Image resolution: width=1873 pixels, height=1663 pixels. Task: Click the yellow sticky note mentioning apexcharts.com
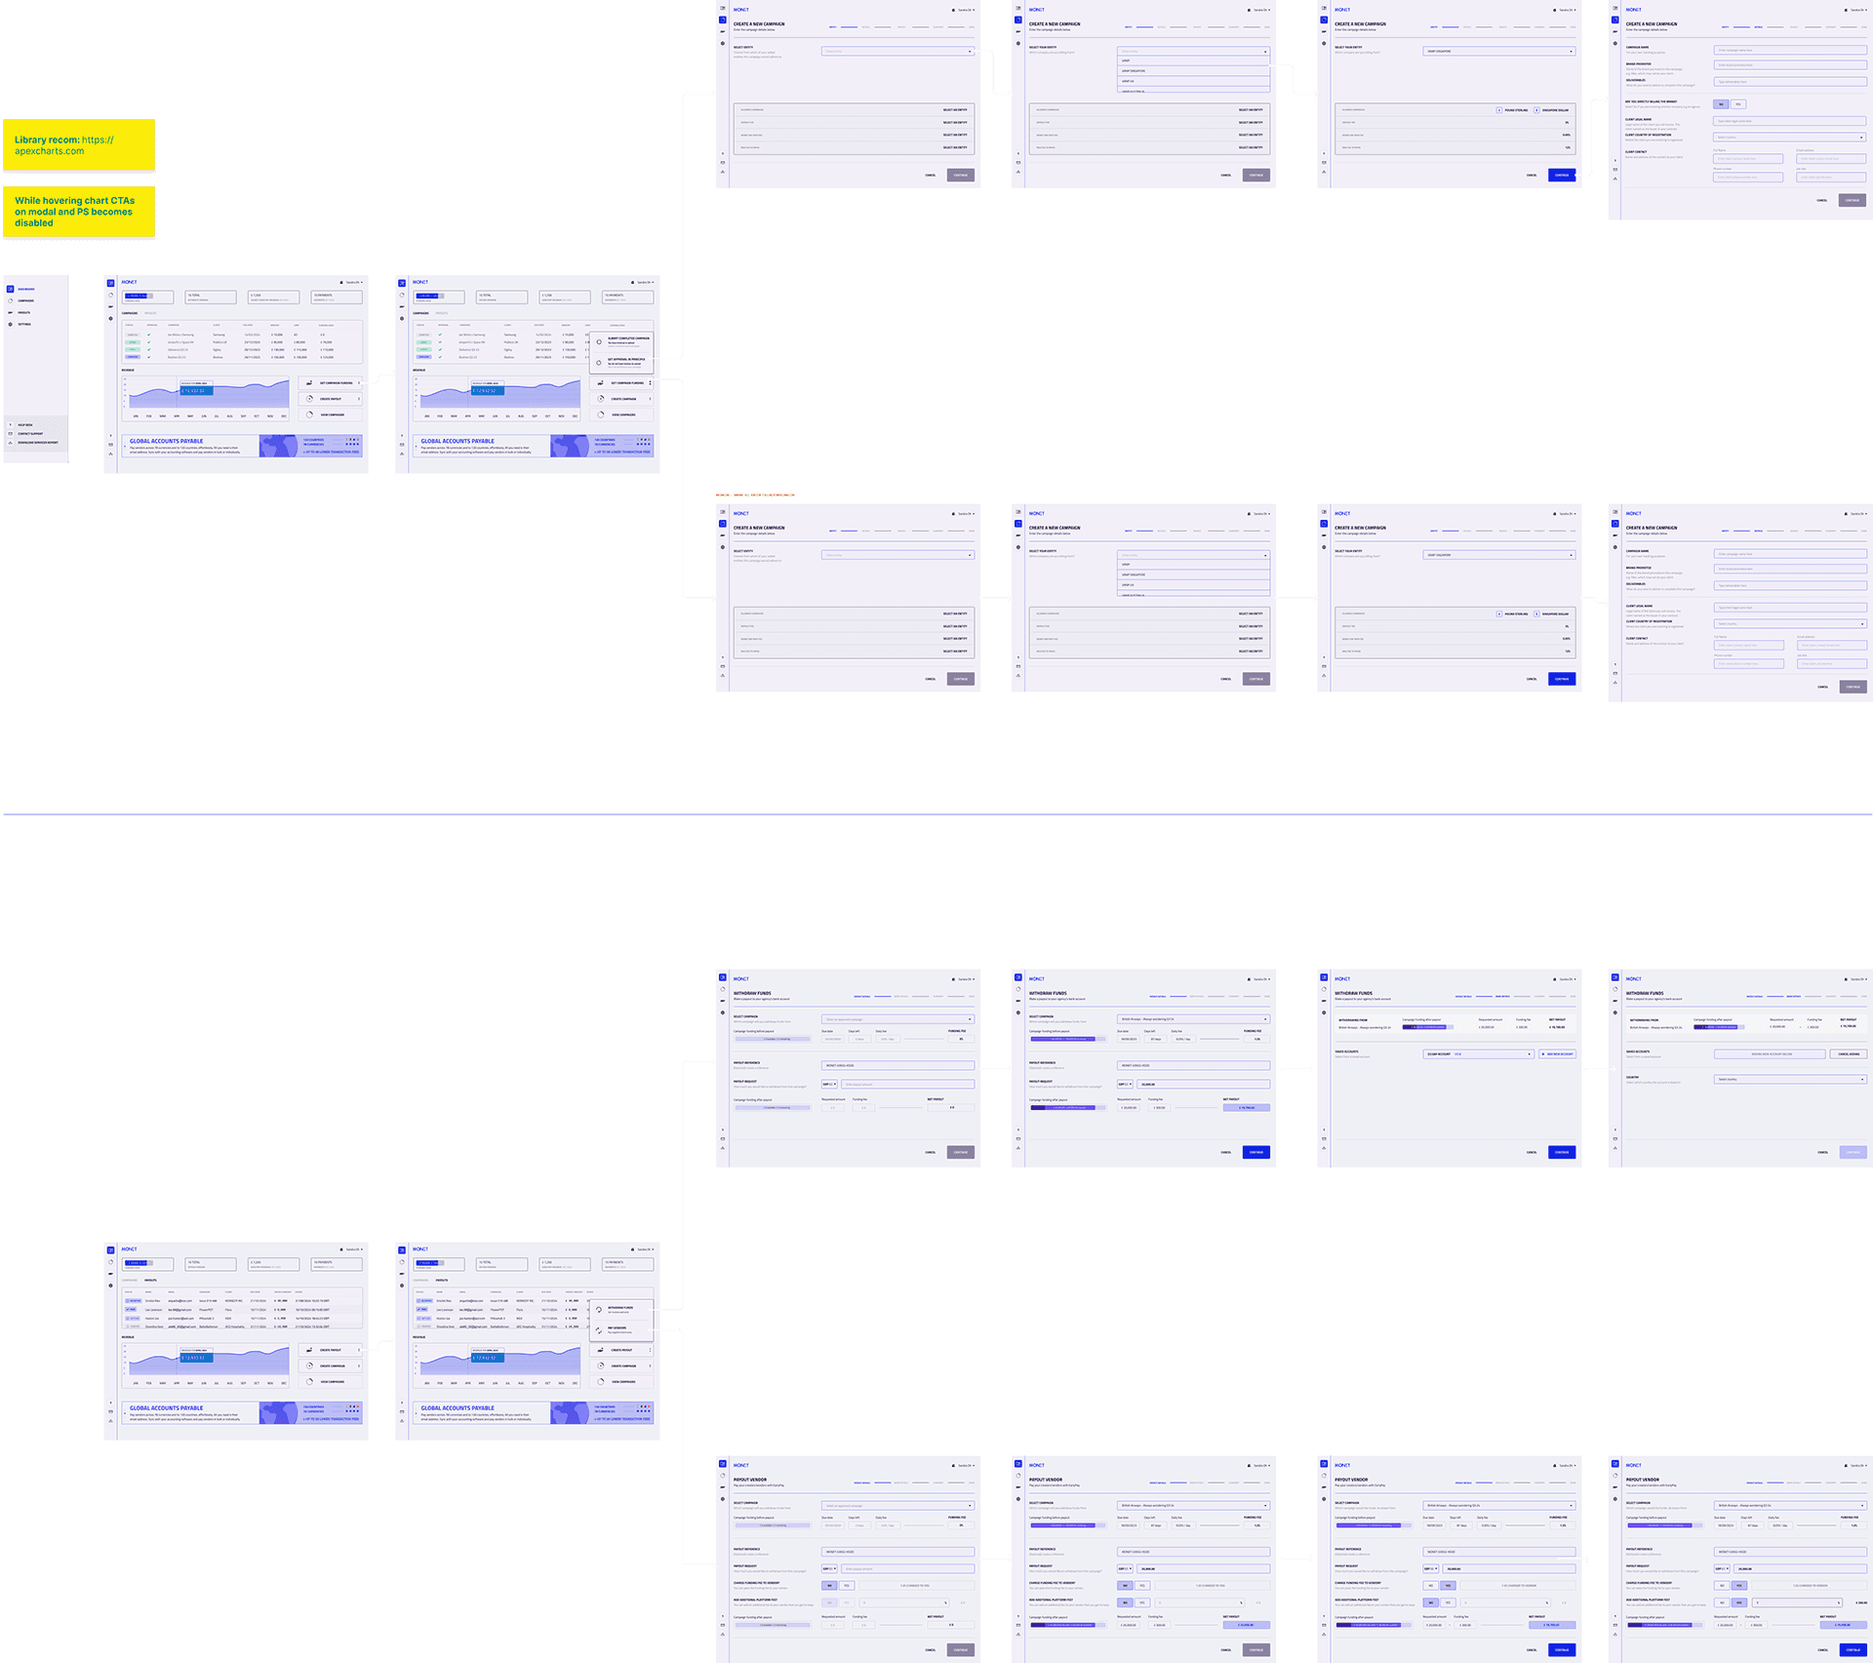point(79,145)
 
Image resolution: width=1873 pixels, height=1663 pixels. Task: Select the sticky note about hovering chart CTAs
point(79,212)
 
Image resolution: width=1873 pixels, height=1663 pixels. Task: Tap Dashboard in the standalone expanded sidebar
point(26,289)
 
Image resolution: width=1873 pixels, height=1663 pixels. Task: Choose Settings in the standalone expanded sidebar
point(24,324)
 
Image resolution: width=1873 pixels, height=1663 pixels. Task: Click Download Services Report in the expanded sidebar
point(37,443)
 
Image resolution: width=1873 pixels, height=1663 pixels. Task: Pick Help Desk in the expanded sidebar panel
point(24,425)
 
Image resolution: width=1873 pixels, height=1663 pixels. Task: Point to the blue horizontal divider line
point(936,813)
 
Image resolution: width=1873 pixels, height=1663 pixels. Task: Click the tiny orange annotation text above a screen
point(755,495)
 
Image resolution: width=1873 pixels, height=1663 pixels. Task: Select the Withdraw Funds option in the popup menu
point(620,1309)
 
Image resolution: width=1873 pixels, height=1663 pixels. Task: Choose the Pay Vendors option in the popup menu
point(618,1328)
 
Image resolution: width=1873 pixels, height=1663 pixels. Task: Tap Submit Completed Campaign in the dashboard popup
point(627,340)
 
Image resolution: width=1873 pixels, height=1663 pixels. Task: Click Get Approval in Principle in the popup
point(625,361)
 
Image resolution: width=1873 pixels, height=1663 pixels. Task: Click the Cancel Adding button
point(1849,1054)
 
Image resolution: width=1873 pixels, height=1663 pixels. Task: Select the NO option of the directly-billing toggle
point(1722,104)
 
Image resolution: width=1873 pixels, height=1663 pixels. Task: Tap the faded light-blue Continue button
point(1853,1152)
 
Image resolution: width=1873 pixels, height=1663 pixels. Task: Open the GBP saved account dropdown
point(1479,1054)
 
